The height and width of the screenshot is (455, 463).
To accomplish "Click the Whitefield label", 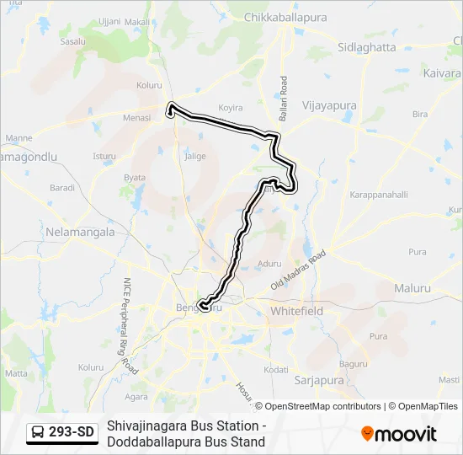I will coord(296,311).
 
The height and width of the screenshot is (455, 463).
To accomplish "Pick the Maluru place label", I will coord(412,288).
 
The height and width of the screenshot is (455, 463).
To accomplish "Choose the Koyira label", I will coord(231,108).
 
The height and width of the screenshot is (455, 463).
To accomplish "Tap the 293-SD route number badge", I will coord(72,433).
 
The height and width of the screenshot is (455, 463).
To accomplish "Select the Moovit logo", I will coord(399,434).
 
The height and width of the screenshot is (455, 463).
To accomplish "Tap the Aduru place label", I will coord(270,264).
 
